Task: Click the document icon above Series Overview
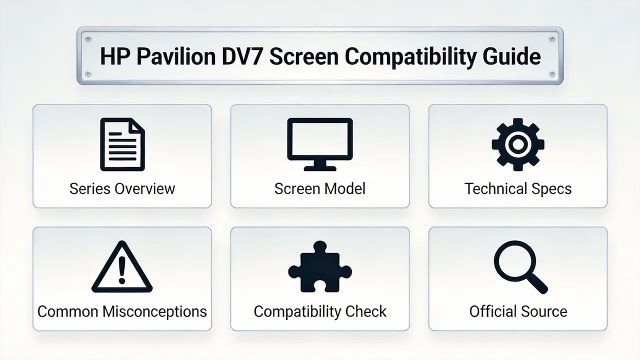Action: [x=122, y=144]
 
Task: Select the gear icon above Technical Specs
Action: [x=518, y=144]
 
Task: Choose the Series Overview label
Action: [x=122, y=188]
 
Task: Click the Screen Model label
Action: [x=320, y=188]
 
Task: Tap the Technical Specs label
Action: [x=518, y=188]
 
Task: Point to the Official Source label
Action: [x=518, y=311]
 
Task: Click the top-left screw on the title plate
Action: [x=88, y=38]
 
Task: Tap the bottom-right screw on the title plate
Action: [x=552, y=74]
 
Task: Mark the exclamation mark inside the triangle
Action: [x=122, y=269]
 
